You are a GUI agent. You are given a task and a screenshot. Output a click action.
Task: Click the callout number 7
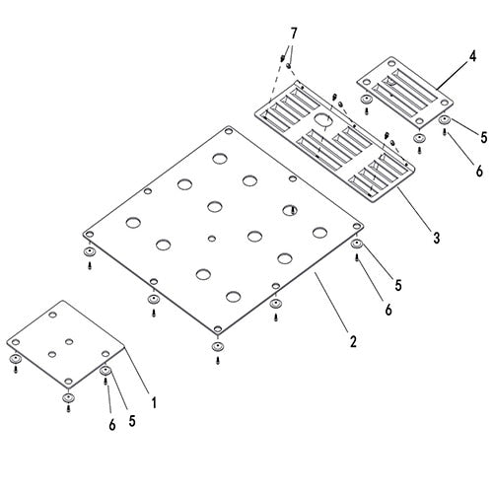click(294, 34)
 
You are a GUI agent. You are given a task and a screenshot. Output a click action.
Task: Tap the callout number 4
click(472, 56)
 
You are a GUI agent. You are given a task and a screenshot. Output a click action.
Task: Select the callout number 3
click(436, 238)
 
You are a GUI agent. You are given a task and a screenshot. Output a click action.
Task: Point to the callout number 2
click(353, 341)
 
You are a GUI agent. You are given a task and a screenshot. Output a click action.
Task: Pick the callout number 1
click(154, 402)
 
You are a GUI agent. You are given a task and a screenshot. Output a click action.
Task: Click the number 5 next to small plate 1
click(132, 421)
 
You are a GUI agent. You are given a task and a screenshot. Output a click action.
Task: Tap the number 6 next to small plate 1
click(112, 425)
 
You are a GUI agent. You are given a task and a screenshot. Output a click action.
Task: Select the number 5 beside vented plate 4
click(484, 137)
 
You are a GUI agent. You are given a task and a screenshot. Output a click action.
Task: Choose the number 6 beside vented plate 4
click(479, 171)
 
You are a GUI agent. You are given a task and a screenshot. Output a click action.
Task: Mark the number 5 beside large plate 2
click(398, 285)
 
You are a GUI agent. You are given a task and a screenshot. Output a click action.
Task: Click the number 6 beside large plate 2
click(388, 310)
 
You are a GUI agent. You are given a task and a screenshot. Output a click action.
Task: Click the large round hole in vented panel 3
click(323, 119)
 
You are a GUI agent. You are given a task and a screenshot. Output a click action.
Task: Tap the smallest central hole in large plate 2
click(212, 238)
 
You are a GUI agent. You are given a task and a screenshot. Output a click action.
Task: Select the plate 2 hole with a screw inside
click(290, 210)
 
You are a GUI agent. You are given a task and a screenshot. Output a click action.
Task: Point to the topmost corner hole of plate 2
click(228, 131)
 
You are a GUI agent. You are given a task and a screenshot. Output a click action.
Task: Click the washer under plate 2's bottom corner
click(217, 346)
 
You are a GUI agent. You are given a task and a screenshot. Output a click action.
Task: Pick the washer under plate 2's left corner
click(89, 252)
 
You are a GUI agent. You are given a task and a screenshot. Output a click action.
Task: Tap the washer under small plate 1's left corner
click(15, 358)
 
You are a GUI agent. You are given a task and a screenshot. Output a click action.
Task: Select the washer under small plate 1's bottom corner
click(68, 397)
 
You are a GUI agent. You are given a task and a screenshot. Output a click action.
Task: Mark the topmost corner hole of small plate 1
click(52, 315)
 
